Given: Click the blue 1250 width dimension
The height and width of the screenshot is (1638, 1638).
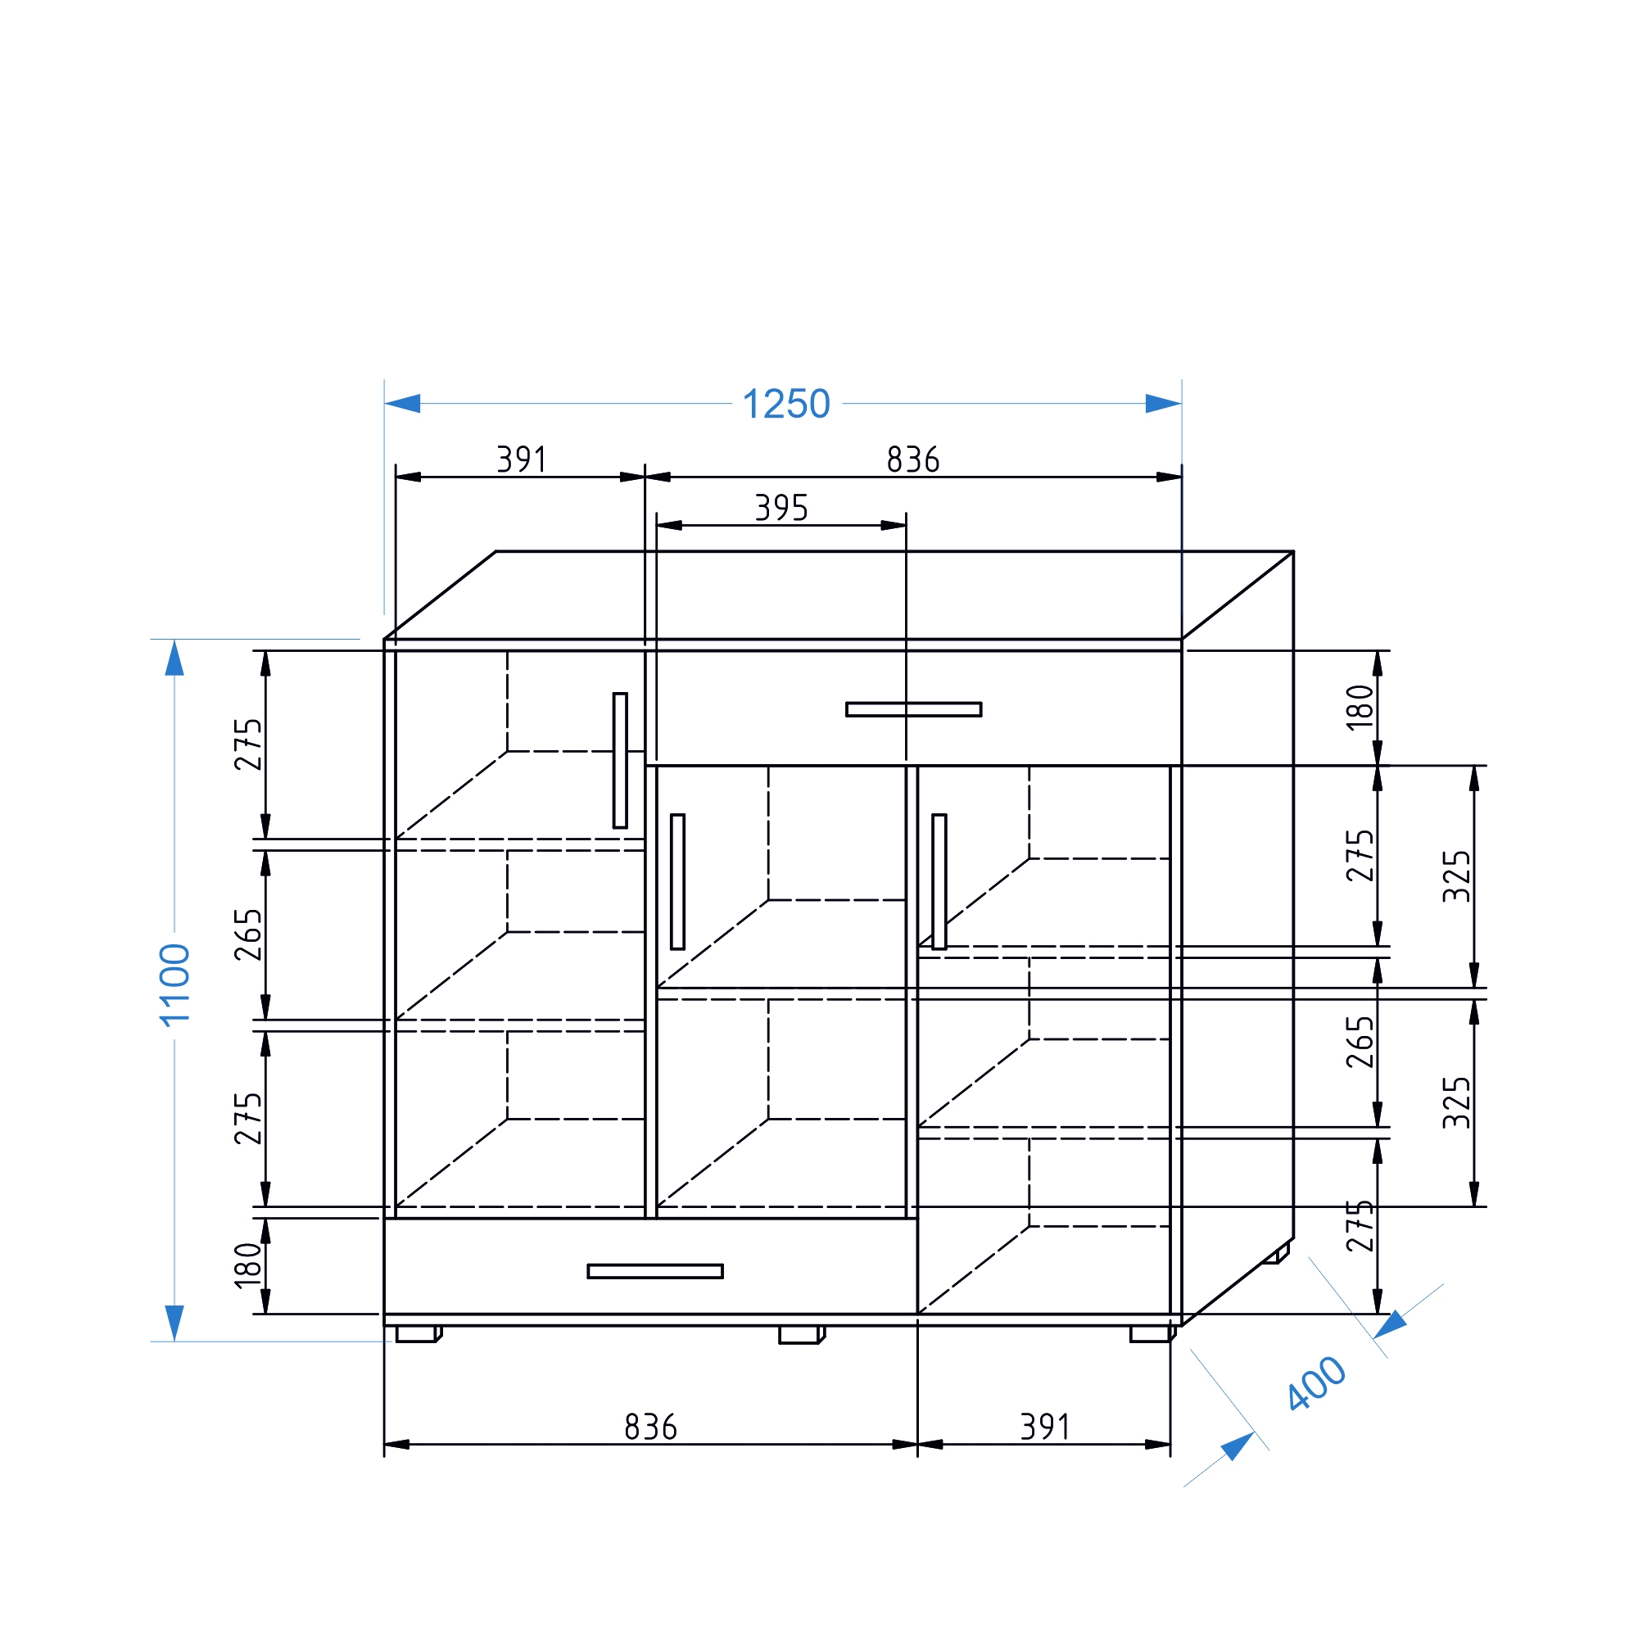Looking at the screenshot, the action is pyautogui.click(x=786, y=405).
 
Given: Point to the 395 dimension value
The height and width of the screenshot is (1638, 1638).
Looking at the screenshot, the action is pyautogui.click(x=781, y=509).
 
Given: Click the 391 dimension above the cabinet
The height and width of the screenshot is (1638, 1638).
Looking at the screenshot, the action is pyautogui.click(x=522, y=460).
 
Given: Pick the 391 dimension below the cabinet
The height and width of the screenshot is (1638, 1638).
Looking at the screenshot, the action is pyautogui.click(x=1044, y=1428).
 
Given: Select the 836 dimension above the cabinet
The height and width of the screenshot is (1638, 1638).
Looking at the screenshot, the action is pyautogui.click(x=913, y=460).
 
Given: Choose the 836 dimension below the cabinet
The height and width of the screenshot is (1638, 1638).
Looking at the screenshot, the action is pyautogui.click(x=650, y=1428).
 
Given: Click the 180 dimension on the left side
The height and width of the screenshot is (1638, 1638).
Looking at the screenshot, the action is pyautogui.click(x=247, y=1266).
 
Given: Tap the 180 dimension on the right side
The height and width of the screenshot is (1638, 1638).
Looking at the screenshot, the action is pyautogui.click(x=1360, y=707).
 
